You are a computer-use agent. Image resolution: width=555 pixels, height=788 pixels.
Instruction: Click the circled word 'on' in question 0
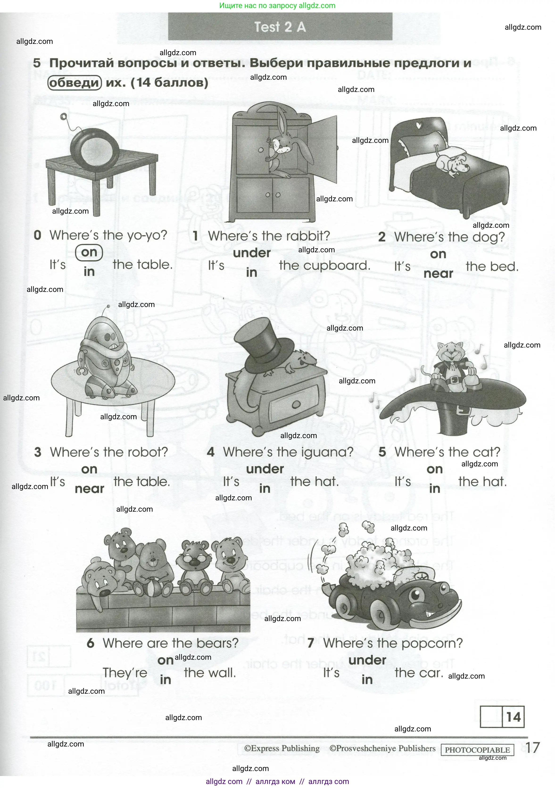coord(89,252)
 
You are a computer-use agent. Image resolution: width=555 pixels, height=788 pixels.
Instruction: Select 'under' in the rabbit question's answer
coord(252,253)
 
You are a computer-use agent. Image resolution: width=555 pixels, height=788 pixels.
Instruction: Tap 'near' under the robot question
coord(89,489)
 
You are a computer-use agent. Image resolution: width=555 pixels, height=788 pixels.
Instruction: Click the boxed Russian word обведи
coord(74,83)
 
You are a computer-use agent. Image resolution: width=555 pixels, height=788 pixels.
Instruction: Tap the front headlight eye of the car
coord(415,593)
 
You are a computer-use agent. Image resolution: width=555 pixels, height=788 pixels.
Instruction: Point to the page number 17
coord(532,747)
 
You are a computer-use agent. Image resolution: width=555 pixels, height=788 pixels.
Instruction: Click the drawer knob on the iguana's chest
coord(295,405)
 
